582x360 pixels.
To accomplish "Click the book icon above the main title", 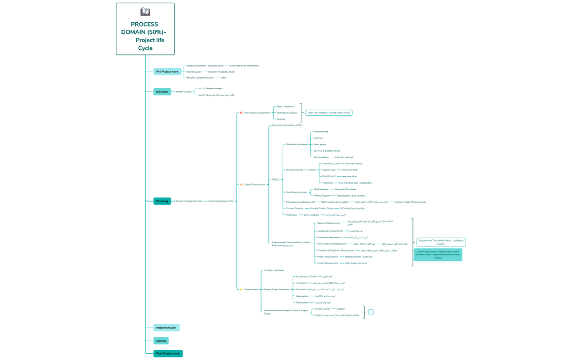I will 145,12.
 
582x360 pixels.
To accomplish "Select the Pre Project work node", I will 167,72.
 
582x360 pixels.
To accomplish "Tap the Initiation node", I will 162,92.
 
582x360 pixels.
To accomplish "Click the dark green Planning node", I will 162,201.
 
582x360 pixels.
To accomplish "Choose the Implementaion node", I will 166,328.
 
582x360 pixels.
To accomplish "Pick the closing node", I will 161,341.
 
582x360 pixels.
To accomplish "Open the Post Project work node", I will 168,353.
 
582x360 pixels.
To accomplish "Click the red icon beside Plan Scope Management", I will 241,112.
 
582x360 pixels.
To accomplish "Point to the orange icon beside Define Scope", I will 241,289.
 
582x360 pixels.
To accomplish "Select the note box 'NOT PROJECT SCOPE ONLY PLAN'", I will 329,112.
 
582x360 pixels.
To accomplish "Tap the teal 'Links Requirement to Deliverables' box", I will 438,254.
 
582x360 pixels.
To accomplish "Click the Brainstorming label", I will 321,131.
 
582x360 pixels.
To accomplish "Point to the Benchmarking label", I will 322,157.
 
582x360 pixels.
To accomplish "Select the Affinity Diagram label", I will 322,196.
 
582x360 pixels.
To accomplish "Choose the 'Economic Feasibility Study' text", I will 221,71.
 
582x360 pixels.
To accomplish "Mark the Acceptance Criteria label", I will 306,276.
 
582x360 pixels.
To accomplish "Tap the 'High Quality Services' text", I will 356,263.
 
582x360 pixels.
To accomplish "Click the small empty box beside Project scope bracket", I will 371,312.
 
